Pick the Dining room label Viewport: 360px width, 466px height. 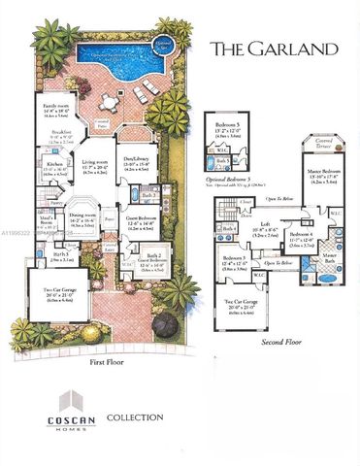click(x=82, y=217)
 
